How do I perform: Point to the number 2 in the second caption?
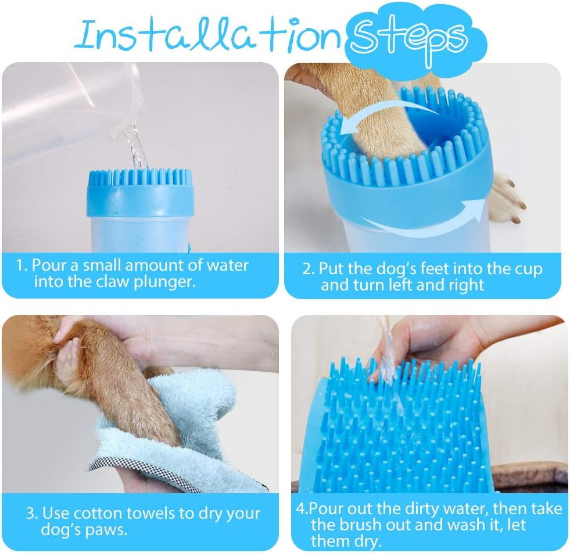click(309, 269)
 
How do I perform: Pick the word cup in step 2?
click(528, 269)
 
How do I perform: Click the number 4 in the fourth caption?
click(301, 509)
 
